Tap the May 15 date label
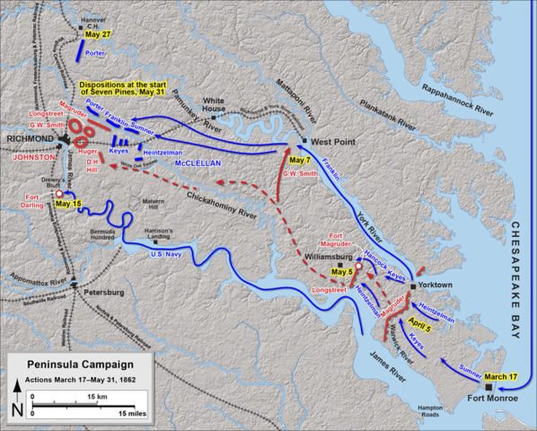point(68,204)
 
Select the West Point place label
point(330,142)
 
